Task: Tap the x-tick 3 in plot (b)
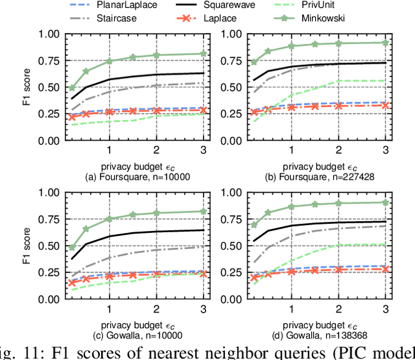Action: pyautogui.click(x=385, y=150)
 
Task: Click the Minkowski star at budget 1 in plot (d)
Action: pyautogui.click(x=290, y=206)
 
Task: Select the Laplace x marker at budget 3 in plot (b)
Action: pyautogui.click(x=385, y=105)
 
